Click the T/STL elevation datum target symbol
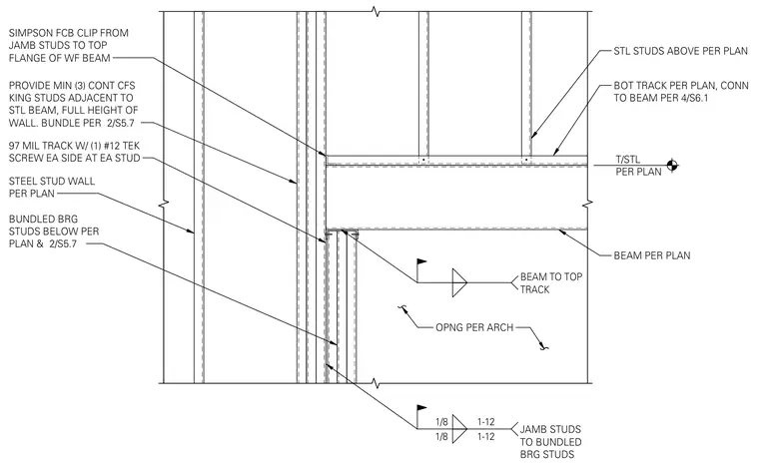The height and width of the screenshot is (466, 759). tap(672, 166)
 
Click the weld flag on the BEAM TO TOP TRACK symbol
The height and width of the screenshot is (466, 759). tap(421, 262)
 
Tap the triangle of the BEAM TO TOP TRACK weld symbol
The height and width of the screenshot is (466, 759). tap(459, 282)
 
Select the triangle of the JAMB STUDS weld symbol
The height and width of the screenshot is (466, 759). tap(459, 429)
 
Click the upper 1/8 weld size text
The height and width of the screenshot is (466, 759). tap(441, 421)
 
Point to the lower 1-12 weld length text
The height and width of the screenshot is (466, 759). tap(486, 437)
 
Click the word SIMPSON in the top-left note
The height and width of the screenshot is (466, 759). tap(31, 33)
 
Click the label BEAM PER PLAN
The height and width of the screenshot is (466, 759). tap(652, 255)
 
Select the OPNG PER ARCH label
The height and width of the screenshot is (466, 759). tap(474, 327)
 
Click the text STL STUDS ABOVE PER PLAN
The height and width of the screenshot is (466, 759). tap(680, 51)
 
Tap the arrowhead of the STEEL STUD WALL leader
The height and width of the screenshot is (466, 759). tap(191, 231)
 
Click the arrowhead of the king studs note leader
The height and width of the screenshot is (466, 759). tap(294, 182)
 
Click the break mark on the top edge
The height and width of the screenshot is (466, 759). tap(376, 11)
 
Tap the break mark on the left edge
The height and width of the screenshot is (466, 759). tap(165, 204)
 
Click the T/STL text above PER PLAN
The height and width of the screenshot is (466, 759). tap(628, 160)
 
